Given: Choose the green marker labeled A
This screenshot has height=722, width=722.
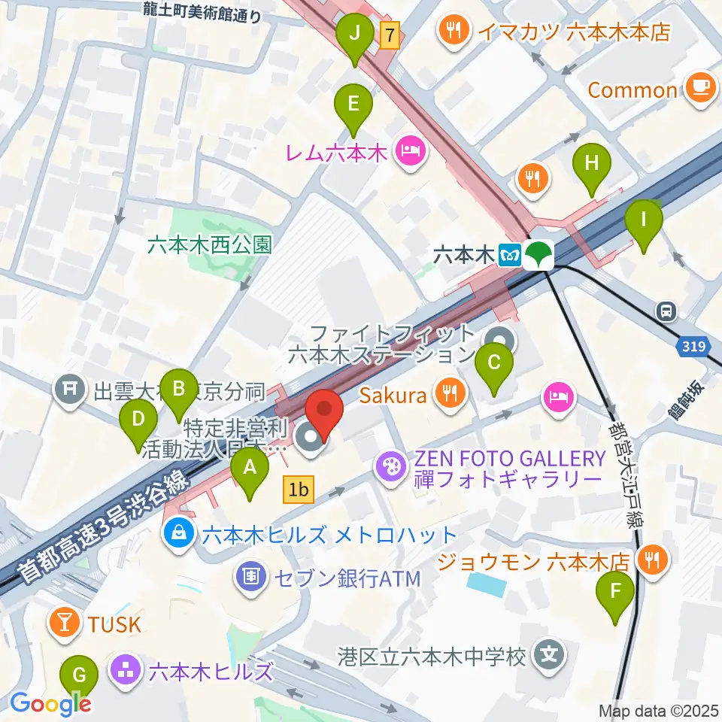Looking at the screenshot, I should tap(250, 473).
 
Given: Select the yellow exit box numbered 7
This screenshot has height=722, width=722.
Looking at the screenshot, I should tap(389, 34).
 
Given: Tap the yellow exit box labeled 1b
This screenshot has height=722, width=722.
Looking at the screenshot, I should tap(298, 491).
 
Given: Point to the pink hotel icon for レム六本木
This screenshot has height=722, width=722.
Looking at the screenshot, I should tap(412, 153).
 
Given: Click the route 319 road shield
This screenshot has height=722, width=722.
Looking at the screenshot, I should tap(695, 346).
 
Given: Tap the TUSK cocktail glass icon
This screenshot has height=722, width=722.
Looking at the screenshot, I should tap(65, 623).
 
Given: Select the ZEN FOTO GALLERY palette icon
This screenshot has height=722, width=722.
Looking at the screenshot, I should tap(391, 468).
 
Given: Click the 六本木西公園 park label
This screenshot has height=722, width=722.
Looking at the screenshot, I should tap(208, 245).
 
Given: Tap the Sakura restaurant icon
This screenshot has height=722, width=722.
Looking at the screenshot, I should tap(449, 394).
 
